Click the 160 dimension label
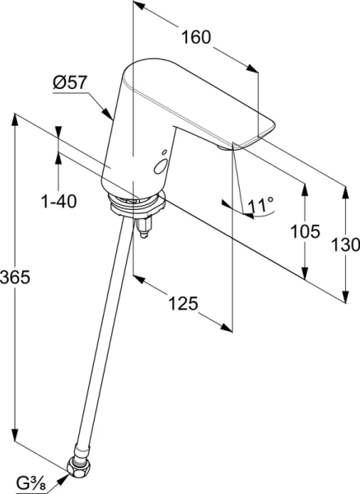(196, 37)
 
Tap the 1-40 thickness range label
(58, 200)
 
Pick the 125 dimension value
(182, 304)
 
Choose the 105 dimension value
(306, 231)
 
